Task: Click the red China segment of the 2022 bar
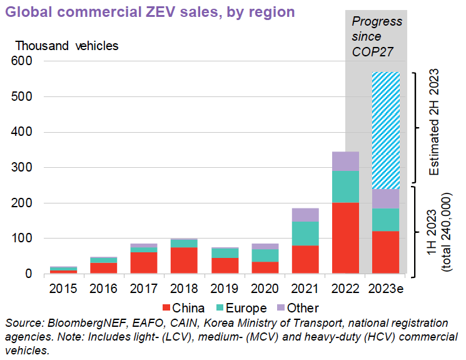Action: (x=345, y=238)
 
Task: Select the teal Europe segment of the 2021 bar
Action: (x=305, y=233)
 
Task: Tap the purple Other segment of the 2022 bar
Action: (x=345, y=161)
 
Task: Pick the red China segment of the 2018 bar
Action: (x=185, y=260)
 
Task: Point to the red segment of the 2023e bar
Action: (x=385, y=252)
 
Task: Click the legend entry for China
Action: (x=183, y=308)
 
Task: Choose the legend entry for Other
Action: (x=297, y=308)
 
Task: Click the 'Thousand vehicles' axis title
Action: (x=66, y=46)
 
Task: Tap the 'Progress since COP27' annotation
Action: (x=377, y=36)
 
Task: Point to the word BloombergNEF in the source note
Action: (x=80, y=323)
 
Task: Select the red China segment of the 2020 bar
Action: (x=265, y=267)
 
